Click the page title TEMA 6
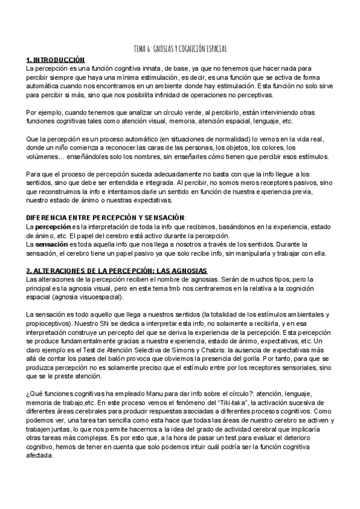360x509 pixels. click(180, 49)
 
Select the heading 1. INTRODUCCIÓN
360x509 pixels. click(56, 60)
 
